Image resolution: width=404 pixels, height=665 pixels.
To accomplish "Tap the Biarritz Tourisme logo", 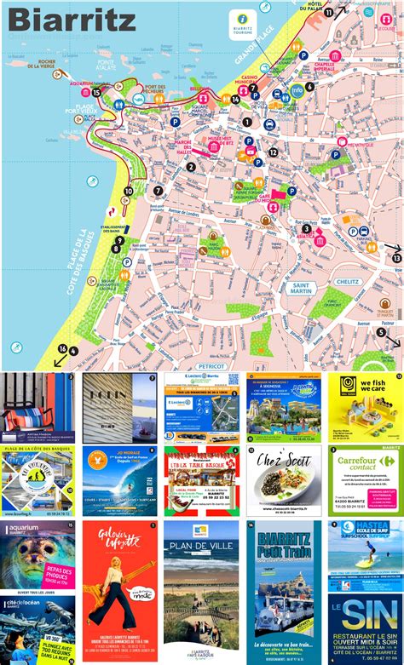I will pos(244,20).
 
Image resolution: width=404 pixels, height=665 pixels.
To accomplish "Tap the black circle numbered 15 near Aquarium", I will pos(96,91).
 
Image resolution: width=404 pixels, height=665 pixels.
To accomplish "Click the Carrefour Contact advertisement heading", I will pos(363,465).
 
